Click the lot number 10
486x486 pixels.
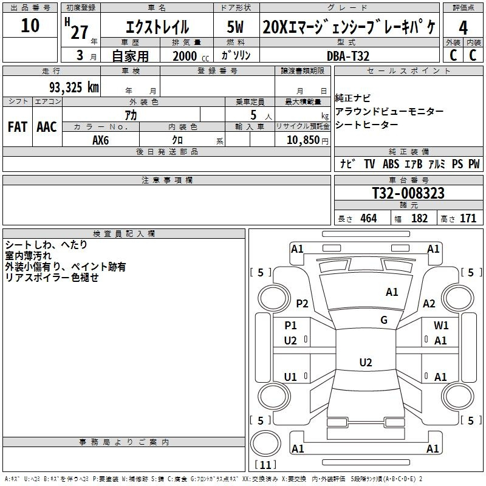pos(30,26)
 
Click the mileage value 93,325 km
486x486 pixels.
pos(74,87)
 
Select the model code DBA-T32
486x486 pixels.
pos(348,56)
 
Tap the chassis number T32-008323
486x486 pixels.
pos(408,193)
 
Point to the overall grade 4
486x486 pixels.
pos(463,28)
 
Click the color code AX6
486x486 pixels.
pos(100,140)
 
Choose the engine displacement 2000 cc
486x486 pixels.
pos(191,56)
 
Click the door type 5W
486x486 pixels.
pos(235,27)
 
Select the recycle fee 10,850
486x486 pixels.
pos(303,140)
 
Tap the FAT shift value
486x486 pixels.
pos(18,127)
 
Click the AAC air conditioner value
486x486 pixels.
pos(47,127)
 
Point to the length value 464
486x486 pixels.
pos(369,218)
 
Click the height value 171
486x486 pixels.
pos(468,218)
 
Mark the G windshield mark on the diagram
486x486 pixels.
pos(384,320)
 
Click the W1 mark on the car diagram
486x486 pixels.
pos(441,325)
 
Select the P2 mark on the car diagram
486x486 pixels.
pos(302,303)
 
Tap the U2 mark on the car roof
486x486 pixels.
pos(366,362)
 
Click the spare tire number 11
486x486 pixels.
pos(265,465)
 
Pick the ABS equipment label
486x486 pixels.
pos(391,164)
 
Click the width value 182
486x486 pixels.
pos(419,218)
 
